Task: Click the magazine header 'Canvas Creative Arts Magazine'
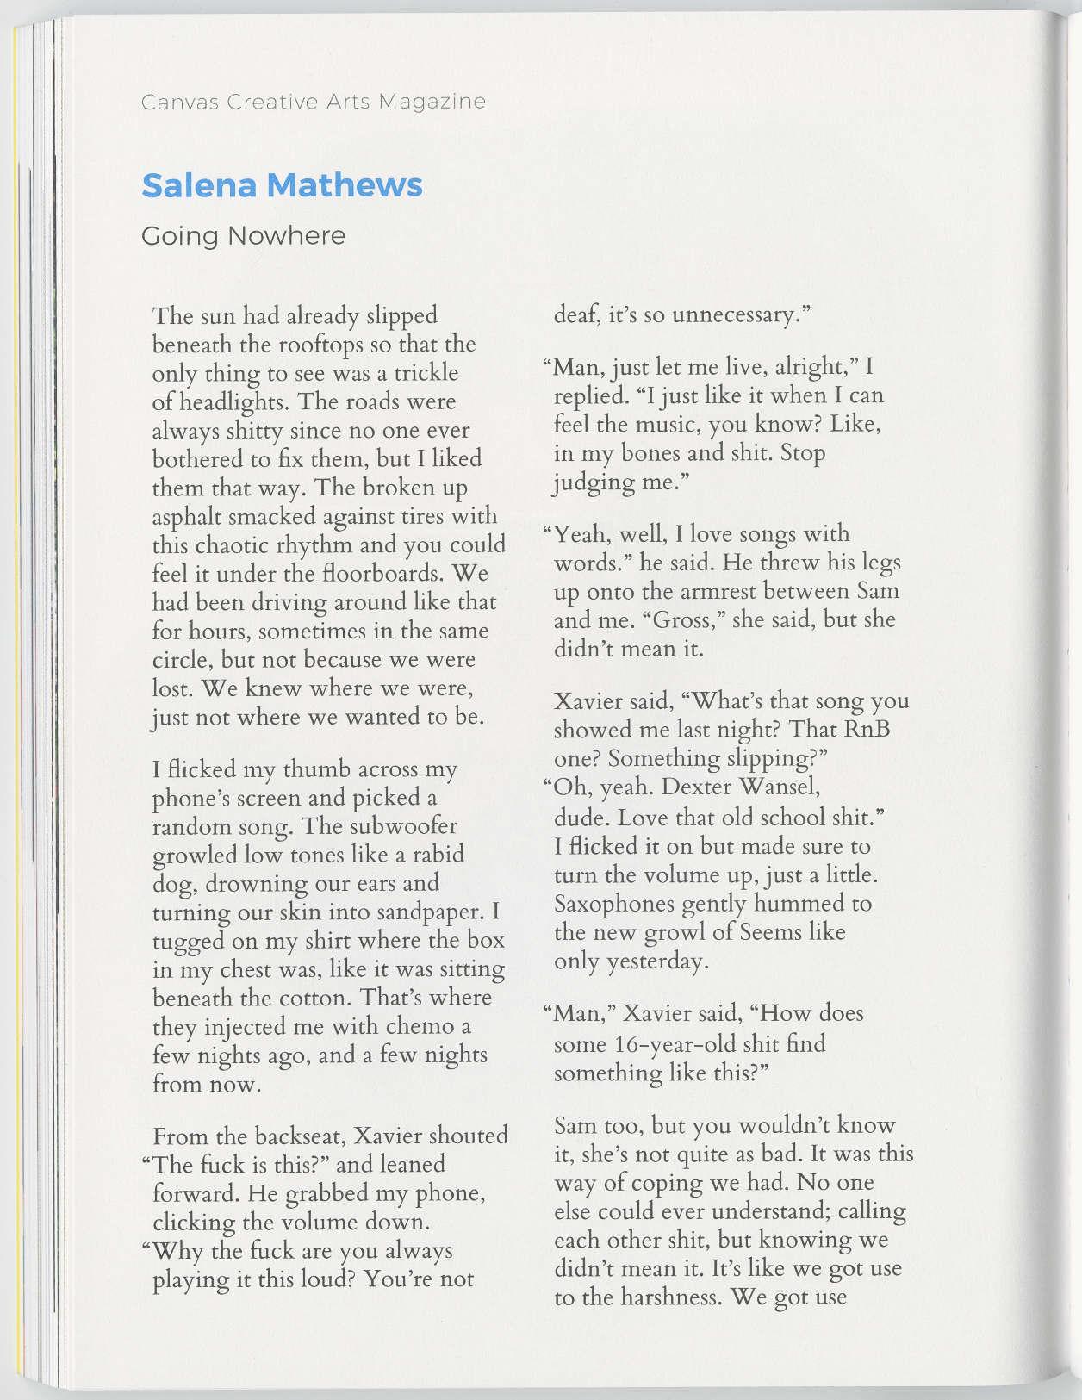313,102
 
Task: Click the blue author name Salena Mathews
282,184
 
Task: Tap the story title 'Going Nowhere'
243,236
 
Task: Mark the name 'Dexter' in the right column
699,787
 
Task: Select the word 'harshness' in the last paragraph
661,1297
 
